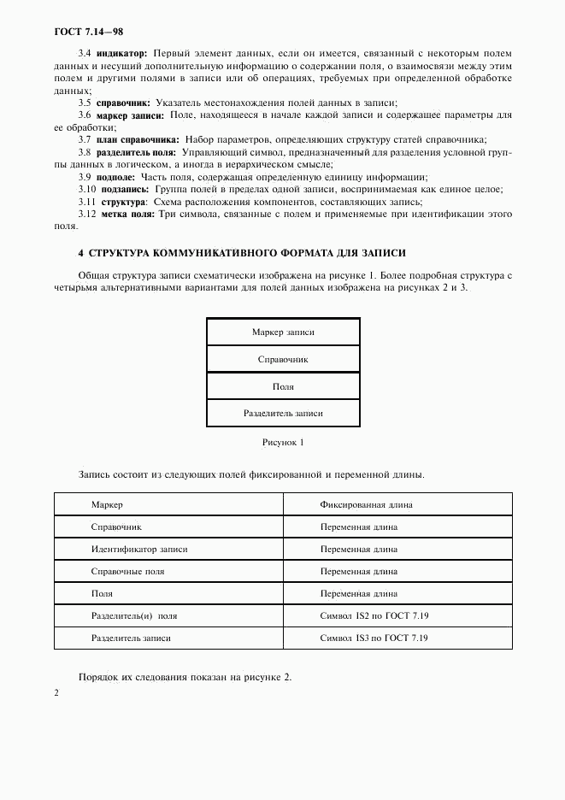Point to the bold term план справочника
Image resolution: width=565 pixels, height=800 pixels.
click(x=137, y=139)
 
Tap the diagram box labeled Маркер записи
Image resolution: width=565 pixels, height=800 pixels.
click(x=283, y=332)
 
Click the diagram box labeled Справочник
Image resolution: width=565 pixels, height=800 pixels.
click(x=283, y=359)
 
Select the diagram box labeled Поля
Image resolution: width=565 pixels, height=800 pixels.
click(x=283, y=386)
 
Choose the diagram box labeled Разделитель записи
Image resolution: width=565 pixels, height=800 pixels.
click(x=283, y=413)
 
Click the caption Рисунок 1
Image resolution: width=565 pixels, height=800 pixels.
click(x=282, y=443)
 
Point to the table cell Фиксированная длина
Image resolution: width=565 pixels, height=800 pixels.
click(x=366, y=504)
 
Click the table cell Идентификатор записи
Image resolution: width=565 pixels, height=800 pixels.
click(x=139, y=549)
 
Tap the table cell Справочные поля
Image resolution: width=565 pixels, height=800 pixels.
click(x=128, y=571)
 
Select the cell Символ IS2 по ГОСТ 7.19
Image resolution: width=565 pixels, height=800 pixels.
click(x=374, y=615)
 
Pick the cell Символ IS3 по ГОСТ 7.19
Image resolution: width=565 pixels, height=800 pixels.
click(x=374, y=638)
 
